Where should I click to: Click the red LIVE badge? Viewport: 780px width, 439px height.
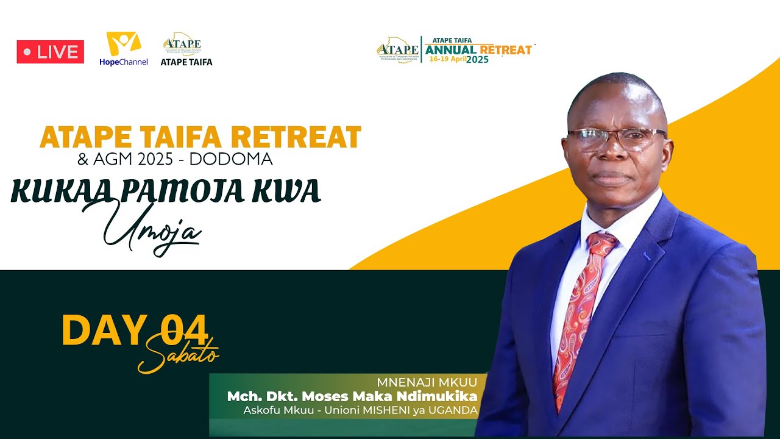coord(50,52)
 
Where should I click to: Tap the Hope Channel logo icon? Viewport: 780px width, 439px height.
coord(124,44)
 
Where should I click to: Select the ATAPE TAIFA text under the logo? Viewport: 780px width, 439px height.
coord(186,62)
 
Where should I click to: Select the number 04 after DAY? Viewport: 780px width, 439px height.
coord(184,331)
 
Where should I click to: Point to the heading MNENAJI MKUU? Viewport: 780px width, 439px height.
coord(427,383)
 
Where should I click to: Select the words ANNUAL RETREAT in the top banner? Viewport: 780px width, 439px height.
coord(478,49)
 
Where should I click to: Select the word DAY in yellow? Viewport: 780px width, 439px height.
coord(104,331)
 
